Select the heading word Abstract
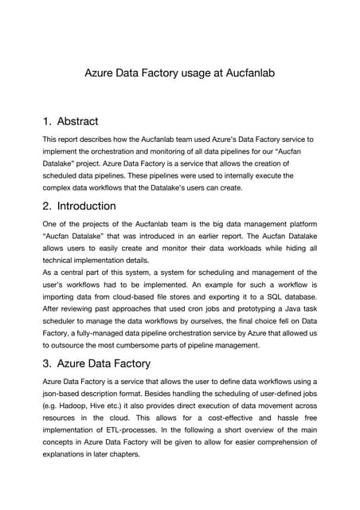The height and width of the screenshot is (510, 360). pyautogui.click(x=78, y=121)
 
